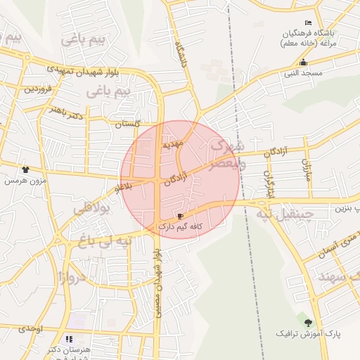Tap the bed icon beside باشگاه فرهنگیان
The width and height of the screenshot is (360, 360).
pos(308,23)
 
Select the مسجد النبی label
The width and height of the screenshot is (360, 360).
pos(302,72)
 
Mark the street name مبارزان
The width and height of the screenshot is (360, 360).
pos(306,169)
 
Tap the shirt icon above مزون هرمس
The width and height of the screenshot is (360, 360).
pos(25,169)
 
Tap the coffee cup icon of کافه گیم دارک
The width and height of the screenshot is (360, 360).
pos(181,216)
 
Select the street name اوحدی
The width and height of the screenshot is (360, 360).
pos(31,329)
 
